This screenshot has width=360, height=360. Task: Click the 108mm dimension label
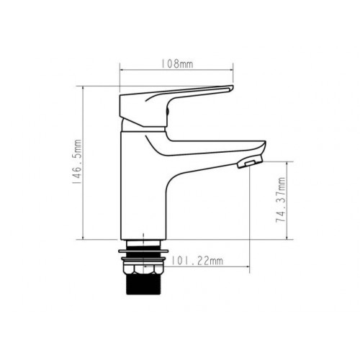(176, 64)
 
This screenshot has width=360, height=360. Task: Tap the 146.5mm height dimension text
(77, 162)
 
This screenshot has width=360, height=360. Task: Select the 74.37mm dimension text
(280, 200)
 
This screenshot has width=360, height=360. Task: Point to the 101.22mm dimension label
(197, 261)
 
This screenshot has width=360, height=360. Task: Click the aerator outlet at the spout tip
(250, 164)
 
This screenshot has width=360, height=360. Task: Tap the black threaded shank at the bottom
(143, 284)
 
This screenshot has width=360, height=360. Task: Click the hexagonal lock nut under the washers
(143, 268)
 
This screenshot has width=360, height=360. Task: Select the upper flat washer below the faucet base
(143, 251)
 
